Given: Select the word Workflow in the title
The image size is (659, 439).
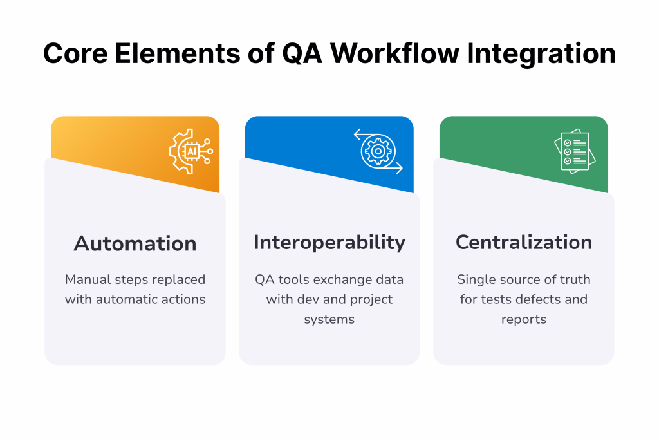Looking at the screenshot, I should tap(395, 54).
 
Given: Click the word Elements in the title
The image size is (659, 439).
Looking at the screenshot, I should tap(180, 54).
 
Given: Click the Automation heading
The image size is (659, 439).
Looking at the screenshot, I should tap(135, 243).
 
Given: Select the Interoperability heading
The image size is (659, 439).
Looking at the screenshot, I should tap(329, 242).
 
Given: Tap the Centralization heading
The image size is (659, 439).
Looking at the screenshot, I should tap(524, 242).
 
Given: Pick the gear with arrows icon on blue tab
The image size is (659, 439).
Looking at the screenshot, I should tap(378, 152).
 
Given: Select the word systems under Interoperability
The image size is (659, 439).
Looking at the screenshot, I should tap(329, 320).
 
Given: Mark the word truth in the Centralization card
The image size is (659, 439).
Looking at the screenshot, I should tap(574, 279).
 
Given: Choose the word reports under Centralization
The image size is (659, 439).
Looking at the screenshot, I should tap(524, 320).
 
